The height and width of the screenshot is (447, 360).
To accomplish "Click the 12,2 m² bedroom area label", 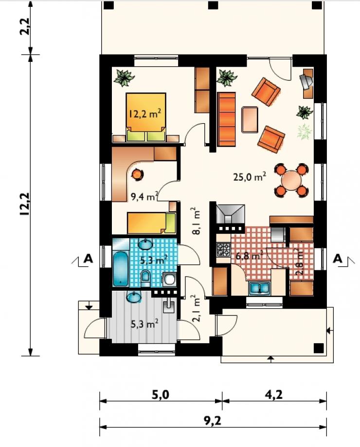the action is (x=145, y=114).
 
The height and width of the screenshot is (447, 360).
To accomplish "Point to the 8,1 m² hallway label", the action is (x=196, y=221).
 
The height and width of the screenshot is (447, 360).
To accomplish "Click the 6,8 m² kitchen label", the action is (x=249, y=256).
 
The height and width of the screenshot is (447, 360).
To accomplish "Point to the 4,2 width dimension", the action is (x=274, y=395).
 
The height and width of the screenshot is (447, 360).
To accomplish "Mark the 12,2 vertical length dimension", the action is (x=25, y=204).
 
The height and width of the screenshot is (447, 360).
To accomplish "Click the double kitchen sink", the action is (x=259, y=288).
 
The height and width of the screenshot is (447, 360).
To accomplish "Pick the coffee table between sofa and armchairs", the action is (x=250, y=119).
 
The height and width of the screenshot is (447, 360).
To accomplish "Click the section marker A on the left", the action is (x=88, y=259).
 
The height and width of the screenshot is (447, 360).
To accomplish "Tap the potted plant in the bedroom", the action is (x=124, y=77).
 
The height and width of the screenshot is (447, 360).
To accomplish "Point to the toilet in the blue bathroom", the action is (x=145, y=278).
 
